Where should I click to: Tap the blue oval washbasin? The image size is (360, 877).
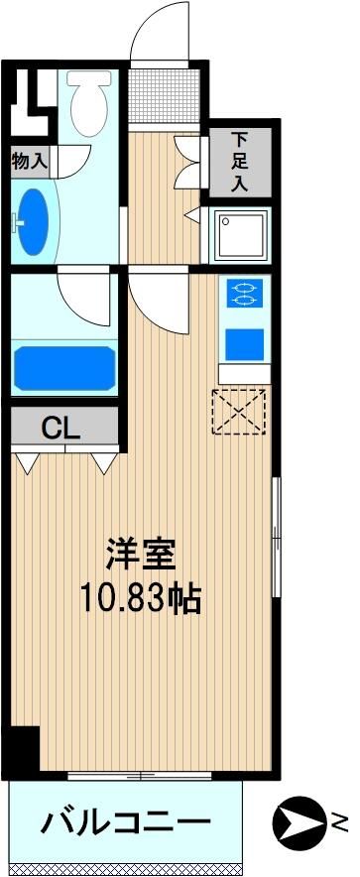point(33,221)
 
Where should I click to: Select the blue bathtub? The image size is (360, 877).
point(64,367)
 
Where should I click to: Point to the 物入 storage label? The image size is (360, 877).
point(30,162)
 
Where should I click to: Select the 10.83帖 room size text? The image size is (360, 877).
point(141,598)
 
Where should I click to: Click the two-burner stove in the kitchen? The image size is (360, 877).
point(244,293)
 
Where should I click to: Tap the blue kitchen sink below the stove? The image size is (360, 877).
point(244,344)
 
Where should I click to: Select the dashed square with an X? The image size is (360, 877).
point(239,411)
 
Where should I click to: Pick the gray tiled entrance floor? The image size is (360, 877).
point(164,94)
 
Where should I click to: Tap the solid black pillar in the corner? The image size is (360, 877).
point(25,749)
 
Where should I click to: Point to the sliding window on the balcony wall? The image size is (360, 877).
point(140,775)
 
